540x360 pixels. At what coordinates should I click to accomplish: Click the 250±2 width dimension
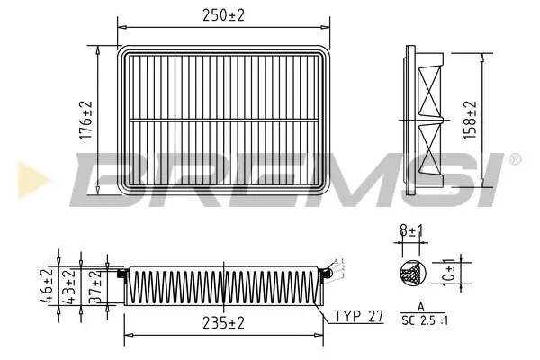(x=225, y=15)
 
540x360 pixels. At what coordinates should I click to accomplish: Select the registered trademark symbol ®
(x=515, y=159)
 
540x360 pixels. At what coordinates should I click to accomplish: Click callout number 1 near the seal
(x=343, y=261)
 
